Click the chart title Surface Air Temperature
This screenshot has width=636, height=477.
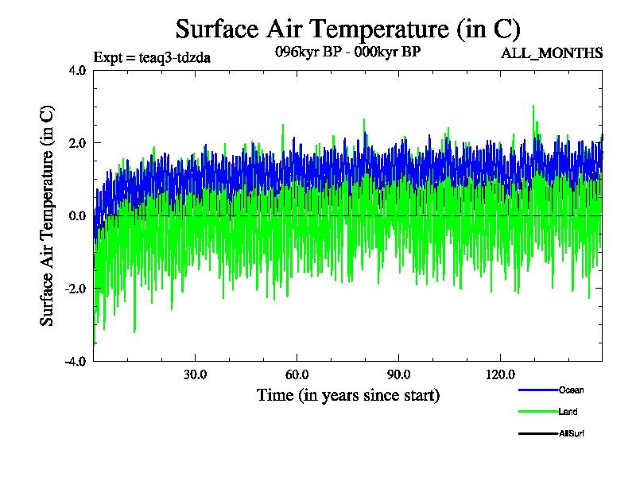click(347, 29)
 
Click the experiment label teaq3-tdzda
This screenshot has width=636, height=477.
click(152, 57)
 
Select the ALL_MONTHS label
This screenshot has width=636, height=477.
click(551, 53)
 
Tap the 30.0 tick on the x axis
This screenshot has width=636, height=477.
click(195, 374)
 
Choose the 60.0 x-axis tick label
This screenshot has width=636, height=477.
click(297, 374)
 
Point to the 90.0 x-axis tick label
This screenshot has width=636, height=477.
click(398, 374)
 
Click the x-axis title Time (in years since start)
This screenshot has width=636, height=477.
click(347, 395)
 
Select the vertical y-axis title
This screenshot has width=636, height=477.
click(48, 215)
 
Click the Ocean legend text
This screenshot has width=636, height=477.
click(572, 390)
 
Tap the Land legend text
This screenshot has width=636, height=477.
click(568, 412)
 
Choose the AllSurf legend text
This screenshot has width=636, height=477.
click(572, 433)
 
